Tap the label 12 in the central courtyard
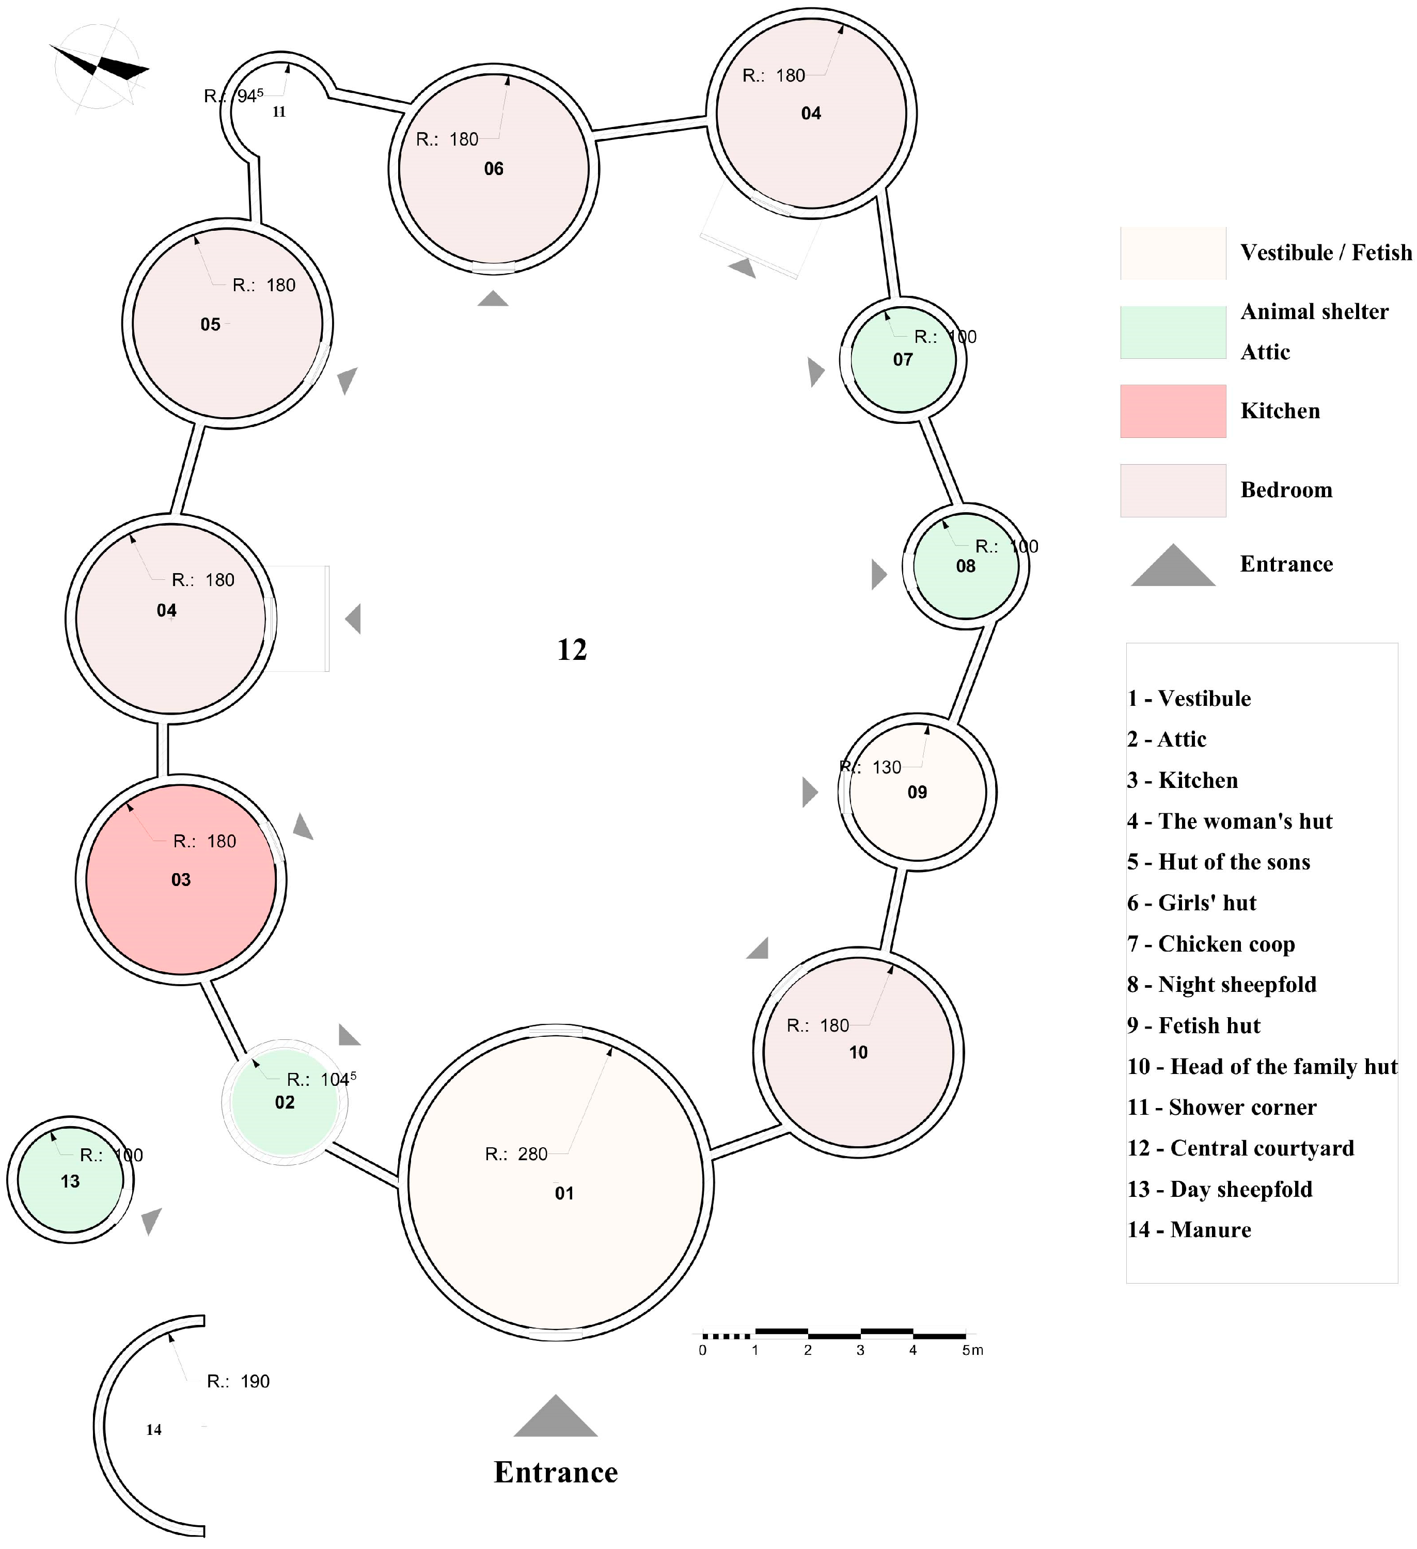coord(572,650)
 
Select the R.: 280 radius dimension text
coord(516,1154)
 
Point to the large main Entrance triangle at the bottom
coord(556,1418)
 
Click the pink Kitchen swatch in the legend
coord(1173,411)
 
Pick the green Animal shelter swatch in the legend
coord(1173,332)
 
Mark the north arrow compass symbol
coord(100,68)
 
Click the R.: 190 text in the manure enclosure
coord(238,1382)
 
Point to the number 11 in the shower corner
coord(279,112)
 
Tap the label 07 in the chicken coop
coord(903,359)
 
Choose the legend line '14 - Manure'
coord(1189,1230)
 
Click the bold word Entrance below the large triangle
coord(556,1472)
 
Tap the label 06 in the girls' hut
coord(493,169)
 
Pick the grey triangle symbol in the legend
coord(1173,567)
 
